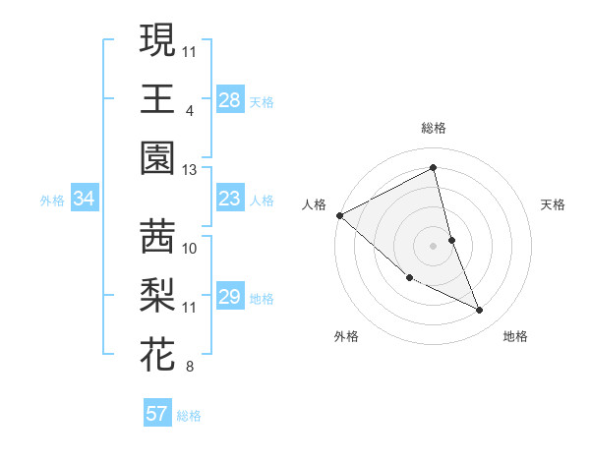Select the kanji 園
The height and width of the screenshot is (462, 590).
coord(157,157)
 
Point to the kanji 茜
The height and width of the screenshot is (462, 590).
coord(157,236)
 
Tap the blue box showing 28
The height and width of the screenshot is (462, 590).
coord(230,99)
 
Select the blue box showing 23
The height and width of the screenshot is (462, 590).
coord(230,199)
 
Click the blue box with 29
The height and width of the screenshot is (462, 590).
coord(230,297)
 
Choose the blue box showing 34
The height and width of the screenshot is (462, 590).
coord(84,199)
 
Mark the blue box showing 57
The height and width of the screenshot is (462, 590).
coord(157,414)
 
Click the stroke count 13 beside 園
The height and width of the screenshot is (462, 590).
coord(189,169)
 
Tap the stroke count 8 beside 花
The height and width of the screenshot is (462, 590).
coord(189,368)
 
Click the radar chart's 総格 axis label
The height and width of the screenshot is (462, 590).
coord(434,128)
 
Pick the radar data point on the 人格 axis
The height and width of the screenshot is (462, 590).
coord(339,215)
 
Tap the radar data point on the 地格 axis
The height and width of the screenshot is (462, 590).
coord(480,311)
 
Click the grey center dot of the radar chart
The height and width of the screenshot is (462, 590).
coord(434,246)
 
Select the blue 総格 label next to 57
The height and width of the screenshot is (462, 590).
coord(189,416)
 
